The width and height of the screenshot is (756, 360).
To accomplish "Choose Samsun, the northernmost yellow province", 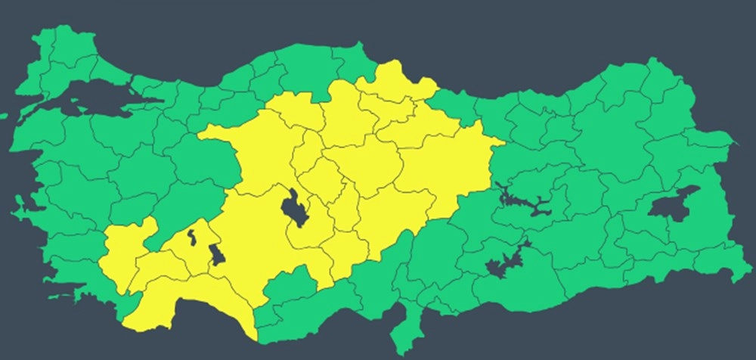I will tap(393, 83).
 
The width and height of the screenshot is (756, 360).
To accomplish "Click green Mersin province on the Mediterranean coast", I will tap(318, 303).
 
